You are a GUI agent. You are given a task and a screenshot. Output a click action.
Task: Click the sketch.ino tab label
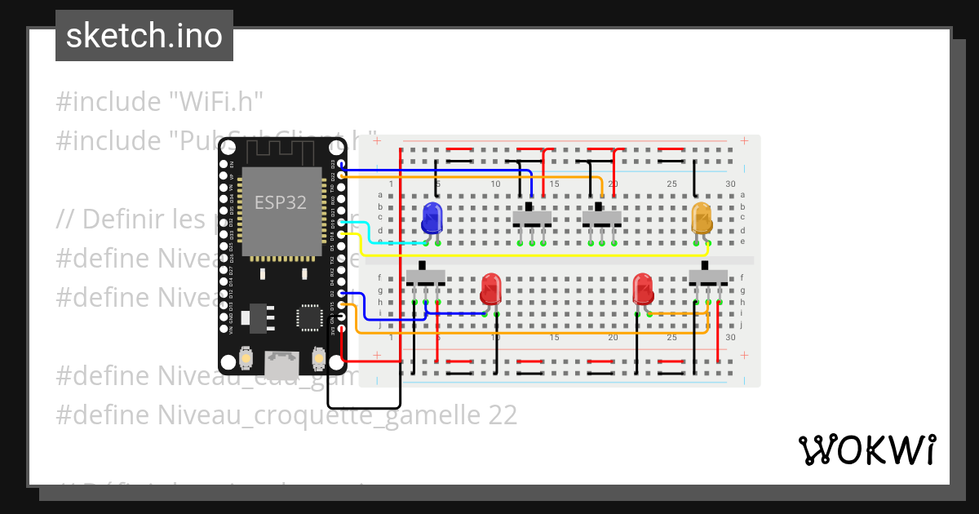point(144,36)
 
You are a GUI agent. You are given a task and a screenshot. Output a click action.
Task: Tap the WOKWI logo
point(866,450)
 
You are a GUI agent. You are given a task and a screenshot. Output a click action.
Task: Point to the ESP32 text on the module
point(281,202)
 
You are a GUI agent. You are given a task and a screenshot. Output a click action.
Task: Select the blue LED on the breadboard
point(432,218)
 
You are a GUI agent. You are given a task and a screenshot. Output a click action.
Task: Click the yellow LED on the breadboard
point(701,218)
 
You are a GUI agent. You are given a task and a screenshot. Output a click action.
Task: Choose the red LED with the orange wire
point(643,290)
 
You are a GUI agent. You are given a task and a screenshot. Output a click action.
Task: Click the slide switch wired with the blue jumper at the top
point(531,217)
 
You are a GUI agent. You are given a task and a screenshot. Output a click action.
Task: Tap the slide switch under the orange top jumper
point(601,217)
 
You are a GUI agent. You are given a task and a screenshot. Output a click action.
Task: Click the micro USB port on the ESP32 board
point(281,358)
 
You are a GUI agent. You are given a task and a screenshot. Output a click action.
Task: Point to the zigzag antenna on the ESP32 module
point(281,153)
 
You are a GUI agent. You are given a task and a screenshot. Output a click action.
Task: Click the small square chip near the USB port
point(310,317)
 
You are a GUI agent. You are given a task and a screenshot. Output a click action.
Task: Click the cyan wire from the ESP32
point(367,233)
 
